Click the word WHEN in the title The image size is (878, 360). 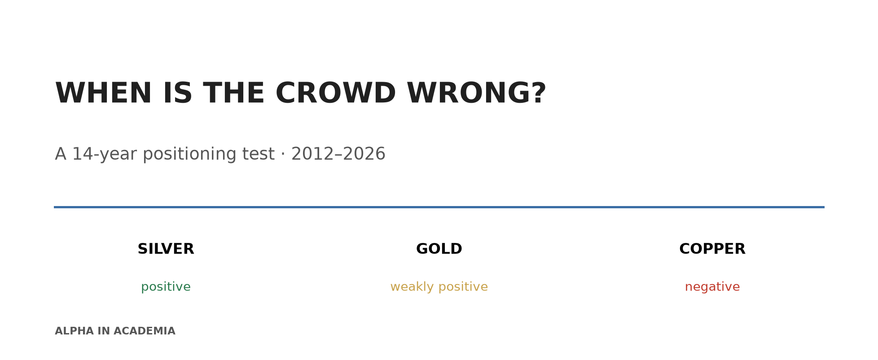pos(103,93)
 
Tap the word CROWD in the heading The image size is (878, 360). pos(335,93)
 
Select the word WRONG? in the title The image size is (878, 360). pos(476,93)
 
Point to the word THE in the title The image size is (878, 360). pos(233,93)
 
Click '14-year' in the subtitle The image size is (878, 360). pos(105,154)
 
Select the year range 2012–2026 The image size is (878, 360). pos(338,154)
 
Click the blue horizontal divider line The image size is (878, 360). pos(439,207)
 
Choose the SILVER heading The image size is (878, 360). pos(166,249)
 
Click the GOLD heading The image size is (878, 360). pos(439,249)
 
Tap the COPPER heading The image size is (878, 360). pos(712,249)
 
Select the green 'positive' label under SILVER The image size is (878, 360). pos(166,287)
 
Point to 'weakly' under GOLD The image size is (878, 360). pos(412,287)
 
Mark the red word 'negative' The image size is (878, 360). pos(712,287)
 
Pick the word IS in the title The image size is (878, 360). pos(177,93)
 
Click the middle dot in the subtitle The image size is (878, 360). pos(283,154)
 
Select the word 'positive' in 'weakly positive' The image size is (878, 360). pos(463,287)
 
